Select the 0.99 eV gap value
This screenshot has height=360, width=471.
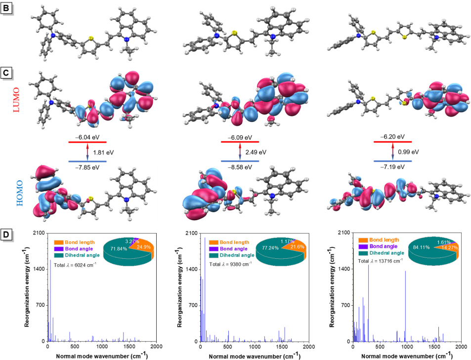[408, 151]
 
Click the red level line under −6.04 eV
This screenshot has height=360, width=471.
[87, 142]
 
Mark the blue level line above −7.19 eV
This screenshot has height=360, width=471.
[393, 161]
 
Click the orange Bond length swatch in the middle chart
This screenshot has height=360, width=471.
[214, 242]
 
